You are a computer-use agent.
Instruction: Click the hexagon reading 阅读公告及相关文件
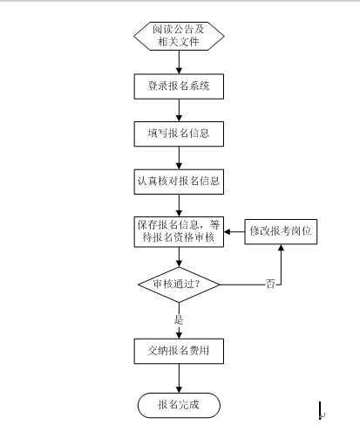click(x=179, y=36)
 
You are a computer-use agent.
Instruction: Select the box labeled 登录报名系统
click(x=179, y=86)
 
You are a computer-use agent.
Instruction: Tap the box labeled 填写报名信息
click(x=179, y=134)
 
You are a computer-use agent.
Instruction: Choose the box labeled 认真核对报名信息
click(x=179, y=182)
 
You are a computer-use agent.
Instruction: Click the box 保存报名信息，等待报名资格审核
click(x=179, y=232)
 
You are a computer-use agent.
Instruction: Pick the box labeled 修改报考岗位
click(x=281, y=231)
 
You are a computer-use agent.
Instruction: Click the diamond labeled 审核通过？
click(x=179, y=284)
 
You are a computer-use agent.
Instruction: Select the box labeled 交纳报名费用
click(x=179, y=351)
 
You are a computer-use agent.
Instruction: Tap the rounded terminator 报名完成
click(x=179, y=405)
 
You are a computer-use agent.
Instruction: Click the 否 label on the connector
click(x=270, y=284)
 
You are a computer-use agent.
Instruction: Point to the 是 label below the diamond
click(x=179, y=320)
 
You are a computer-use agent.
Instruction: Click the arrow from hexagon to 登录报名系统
click(x=179, y=62)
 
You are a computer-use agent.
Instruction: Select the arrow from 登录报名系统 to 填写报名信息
click(x=179, y=110)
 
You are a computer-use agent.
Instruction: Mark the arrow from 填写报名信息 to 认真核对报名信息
click(x=179, y=158)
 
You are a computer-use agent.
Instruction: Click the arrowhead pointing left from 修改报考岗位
click(x=228, y=232)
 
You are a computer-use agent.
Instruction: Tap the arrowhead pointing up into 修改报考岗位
click(x=281, y=248)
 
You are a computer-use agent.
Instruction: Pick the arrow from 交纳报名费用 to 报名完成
click(x=179, y=378)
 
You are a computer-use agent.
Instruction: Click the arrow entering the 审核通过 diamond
click(x=179, y=257)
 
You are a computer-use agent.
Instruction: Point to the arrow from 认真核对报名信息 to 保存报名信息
click(x=179, y=205)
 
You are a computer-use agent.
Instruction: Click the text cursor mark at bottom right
click(x=321, y=411)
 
